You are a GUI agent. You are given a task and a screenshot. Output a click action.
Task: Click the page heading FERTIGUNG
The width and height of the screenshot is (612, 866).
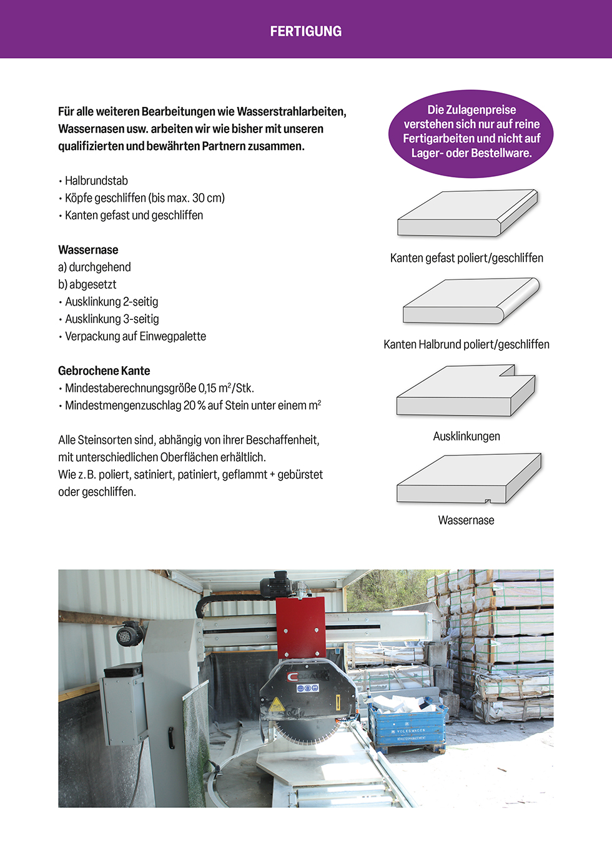click(x=305, y=31)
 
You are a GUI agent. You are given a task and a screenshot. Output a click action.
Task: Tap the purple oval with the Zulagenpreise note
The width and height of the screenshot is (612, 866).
click(x=471, y=132)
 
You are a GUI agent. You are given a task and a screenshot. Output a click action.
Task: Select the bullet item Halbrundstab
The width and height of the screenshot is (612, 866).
click(x=96, y=181)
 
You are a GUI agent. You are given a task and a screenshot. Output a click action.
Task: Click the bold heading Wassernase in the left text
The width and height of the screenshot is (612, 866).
click(x=88, y=250)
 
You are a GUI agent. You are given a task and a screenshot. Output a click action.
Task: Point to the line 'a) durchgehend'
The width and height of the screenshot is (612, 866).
click(x=94, y=267)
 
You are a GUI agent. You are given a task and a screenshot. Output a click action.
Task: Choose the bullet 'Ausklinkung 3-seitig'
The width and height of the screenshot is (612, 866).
click(x=112, y=319)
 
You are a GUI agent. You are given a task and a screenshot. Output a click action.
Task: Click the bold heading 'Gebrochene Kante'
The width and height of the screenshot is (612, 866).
click(x=104, y=371)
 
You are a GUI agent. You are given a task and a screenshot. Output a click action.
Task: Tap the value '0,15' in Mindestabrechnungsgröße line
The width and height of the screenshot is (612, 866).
click(x=207, y=388)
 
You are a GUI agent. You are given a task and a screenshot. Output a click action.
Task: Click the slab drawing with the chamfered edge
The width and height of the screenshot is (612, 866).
click(x=467, y=214)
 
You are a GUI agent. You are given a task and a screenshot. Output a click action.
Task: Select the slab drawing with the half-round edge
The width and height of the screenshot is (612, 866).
click(x=470, y=302)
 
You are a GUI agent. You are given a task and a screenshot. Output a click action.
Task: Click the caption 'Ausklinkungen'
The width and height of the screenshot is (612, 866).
click(x=466, y=436)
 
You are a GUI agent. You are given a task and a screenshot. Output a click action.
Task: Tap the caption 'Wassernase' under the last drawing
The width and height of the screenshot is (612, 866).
click(x=466, y=520)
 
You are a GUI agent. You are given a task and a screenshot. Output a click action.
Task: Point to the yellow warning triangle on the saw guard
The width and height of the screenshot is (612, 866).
click(x=277, y=705)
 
